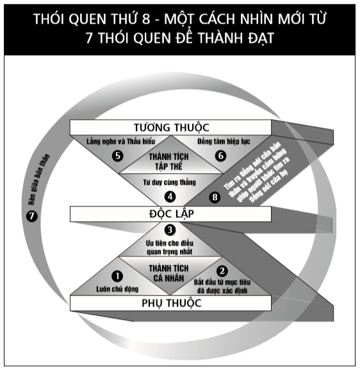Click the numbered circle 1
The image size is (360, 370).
click(117, 276)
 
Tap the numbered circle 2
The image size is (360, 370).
click(222, 271)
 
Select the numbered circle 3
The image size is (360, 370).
click(170, 230)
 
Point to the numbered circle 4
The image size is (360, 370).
click(170, 197)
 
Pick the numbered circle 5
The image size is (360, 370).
click(118, 156)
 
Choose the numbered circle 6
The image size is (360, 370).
click(220, 156)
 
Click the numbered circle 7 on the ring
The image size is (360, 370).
click(32, 216)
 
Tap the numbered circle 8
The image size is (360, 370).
click(215, 197)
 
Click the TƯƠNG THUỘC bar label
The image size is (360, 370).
click(172, 128)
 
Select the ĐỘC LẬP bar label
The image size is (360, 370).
click(172, 214)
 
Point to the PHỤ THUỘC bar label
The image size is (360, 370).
click(172, 303)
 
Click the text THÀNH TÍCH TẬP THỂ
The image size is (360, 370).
click(169, 162)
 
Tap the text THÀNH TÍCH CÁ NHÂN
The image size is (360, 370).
click(169, 273)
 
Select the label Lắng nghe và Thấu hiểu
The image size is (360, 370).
click(120, 141)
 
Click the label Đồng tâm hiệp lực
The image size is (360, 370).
click(224, 141)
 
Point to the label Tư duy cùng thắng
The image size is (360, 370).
click(170, 182)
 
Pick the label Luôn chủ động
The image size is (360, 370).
click(117, 289)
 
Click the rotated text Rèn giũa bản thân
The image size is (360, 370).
click(39, 180)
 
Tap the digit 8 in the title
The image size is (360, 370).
click(146, 19)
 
